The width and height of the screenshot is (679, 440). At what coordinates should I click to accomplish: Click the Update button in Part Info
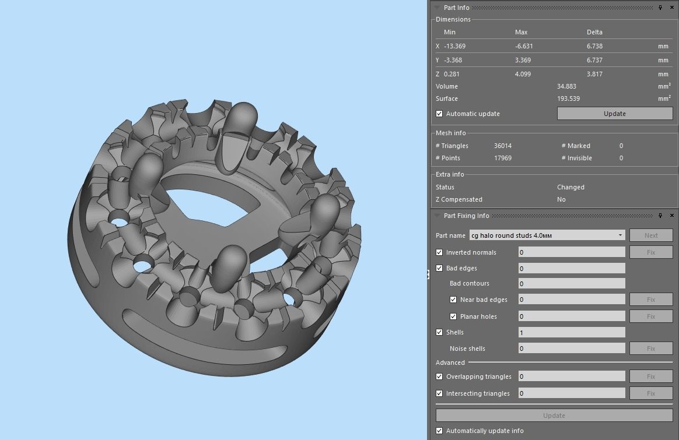click(x=614, y=114)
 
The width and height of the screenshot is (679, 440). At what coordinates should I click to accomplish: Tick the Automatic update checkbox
click(x=439, y=114)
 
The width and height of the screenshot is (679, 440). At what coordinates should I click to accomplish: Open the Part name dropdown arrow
click(x=620, y=235)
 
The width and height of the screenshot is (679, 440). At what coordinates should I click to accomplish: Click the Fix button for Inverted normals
click(x=650, y=252)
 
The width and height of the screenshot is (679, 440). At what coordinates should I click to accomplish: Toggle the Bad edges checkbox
click(x=439, y=268)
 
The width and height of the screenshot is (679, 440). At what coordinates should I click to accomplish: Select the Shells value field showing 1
click(x=571, y=332)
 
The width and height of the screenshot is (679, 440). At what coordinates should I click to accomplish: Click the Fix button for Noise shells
click(x=650, y=349)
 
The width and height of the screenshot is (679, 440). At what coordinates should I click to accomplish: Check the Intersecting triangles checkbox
click(x=439, y=393)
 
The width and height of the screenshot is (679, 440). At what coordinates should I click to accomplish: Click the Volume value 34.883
click(x=566, y=86)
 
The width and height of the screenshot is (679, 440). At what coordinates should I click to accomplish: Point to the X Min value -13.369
click(x=454, y=46)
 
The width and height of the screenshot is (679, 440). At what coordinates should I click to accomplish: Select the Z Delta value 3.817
click(x=594, y=74)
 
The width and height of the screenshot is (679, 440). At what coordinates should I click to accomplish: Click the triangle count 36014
click(x=502, y=146)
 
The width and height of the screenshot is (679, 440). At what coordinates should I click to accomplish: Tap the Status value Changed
click(x=570, y=187)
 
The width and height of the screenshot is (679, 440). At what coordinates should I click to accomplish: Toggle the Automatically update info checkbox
click(x=439, y=431)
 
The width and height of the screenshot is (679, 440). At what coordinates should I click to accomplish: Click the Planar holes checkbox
click(x=453, y=316)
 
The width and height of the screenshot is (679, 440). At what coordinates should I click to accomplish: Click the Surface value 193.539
click(x=568, y=98)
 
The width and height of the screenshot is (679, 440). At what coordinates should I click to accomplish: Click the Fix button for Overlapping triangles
click(x=650, y=376)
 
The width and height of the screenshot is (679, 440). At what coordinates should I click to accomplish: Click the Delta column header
click(x=594, y=32)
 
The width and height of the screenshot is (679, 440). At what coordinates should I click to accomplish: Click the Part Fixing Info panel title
click(x=466, y=216)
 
